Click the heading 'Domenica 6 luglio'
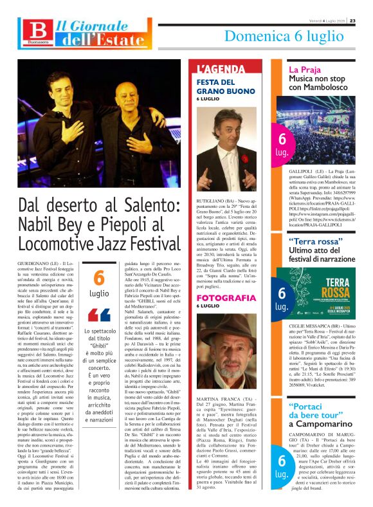coord(283,37)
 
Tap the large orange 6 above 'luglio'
coord(98,277)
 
